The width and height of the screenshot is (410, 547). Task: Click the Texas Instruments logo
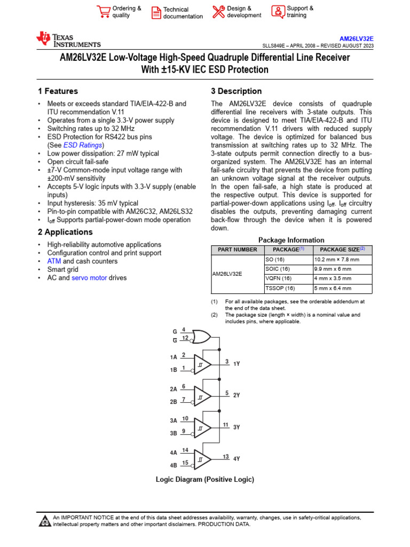coord(68,40)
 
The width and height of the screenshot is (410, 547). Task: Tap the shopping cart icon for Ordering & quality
coord(103,12)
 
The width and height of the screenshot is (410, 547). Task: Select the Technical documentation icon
coord(155,13)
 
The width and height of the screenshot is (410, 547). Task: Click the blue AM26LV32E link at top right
coord(357,39)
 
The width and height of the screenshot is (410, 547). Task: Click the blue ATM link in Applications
coord(54,261)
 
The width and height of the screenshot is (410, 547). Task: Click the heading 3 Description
coord(236,91)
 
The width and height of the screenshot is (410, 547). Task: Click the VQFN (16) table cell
coord(278,278)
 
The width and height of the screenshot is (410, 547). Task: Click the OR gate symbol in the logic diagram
coord(201,336)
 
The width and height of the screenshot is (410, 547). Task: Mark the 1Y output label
coord(236,363)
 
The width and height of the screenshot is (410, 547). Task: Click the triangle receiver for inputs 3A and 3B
coord(202,428)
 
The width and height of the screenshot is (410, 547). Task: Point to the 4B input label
coord(174,465)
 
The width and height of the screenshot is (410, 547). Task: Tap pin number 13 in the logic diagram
coord(226,457)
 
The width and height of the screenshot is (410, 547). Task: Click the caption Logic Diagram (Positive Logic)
coord(204,480)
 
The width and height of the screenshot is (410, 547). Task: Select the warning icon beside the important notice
coord(44,520)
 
